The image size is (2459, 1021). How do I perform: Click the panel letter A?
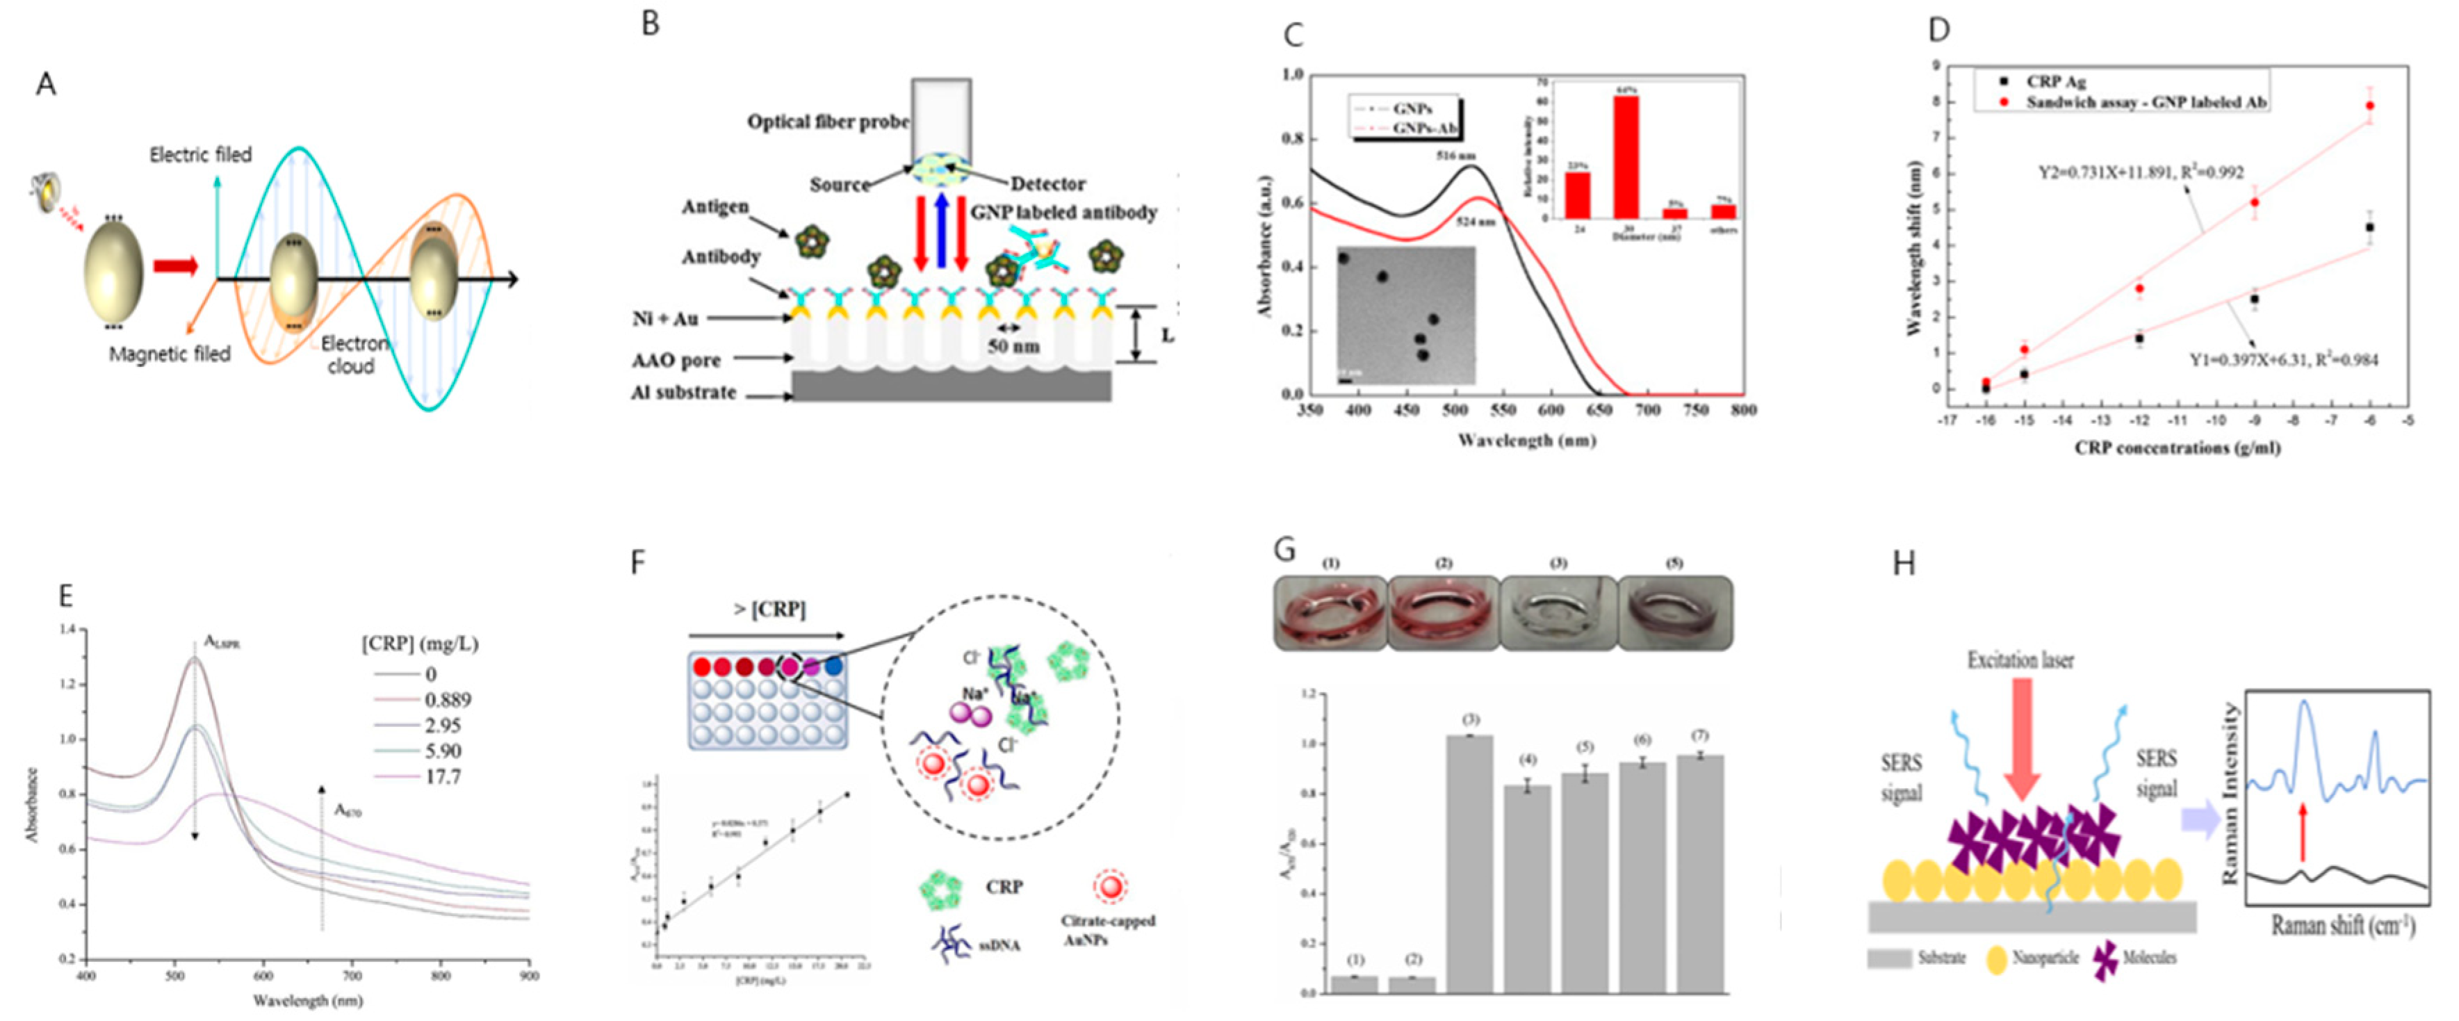[x=45, y=85]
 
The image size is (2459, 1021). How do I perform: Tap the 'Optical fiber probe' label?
[x=828, y=122]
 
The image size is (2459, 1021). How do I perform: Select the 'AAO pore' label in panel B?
[x=676, y=361]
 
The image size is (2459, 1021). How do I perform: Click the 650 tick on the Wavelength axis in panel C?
[x=1599, y=410]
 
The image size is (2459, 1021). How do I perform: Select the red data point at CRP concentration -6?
[x=2369, y=106]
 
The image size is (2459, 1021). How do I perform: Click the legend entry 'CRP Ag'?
[x=2055, y=82]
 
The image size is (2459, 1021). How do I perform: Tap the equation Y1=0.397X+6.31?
[x=2282, y=360]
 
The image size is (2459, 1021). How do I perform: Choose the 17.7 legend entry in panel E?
[x=442, y=777]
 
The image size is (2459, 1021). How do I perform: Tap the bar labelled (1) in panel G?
[x=1355, y=983]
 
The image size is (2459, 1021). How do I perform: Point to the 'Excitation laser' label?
[x=2020, y=660]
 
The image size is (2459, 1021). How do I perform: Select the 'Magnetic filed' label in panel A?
[x=170, y=354]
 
